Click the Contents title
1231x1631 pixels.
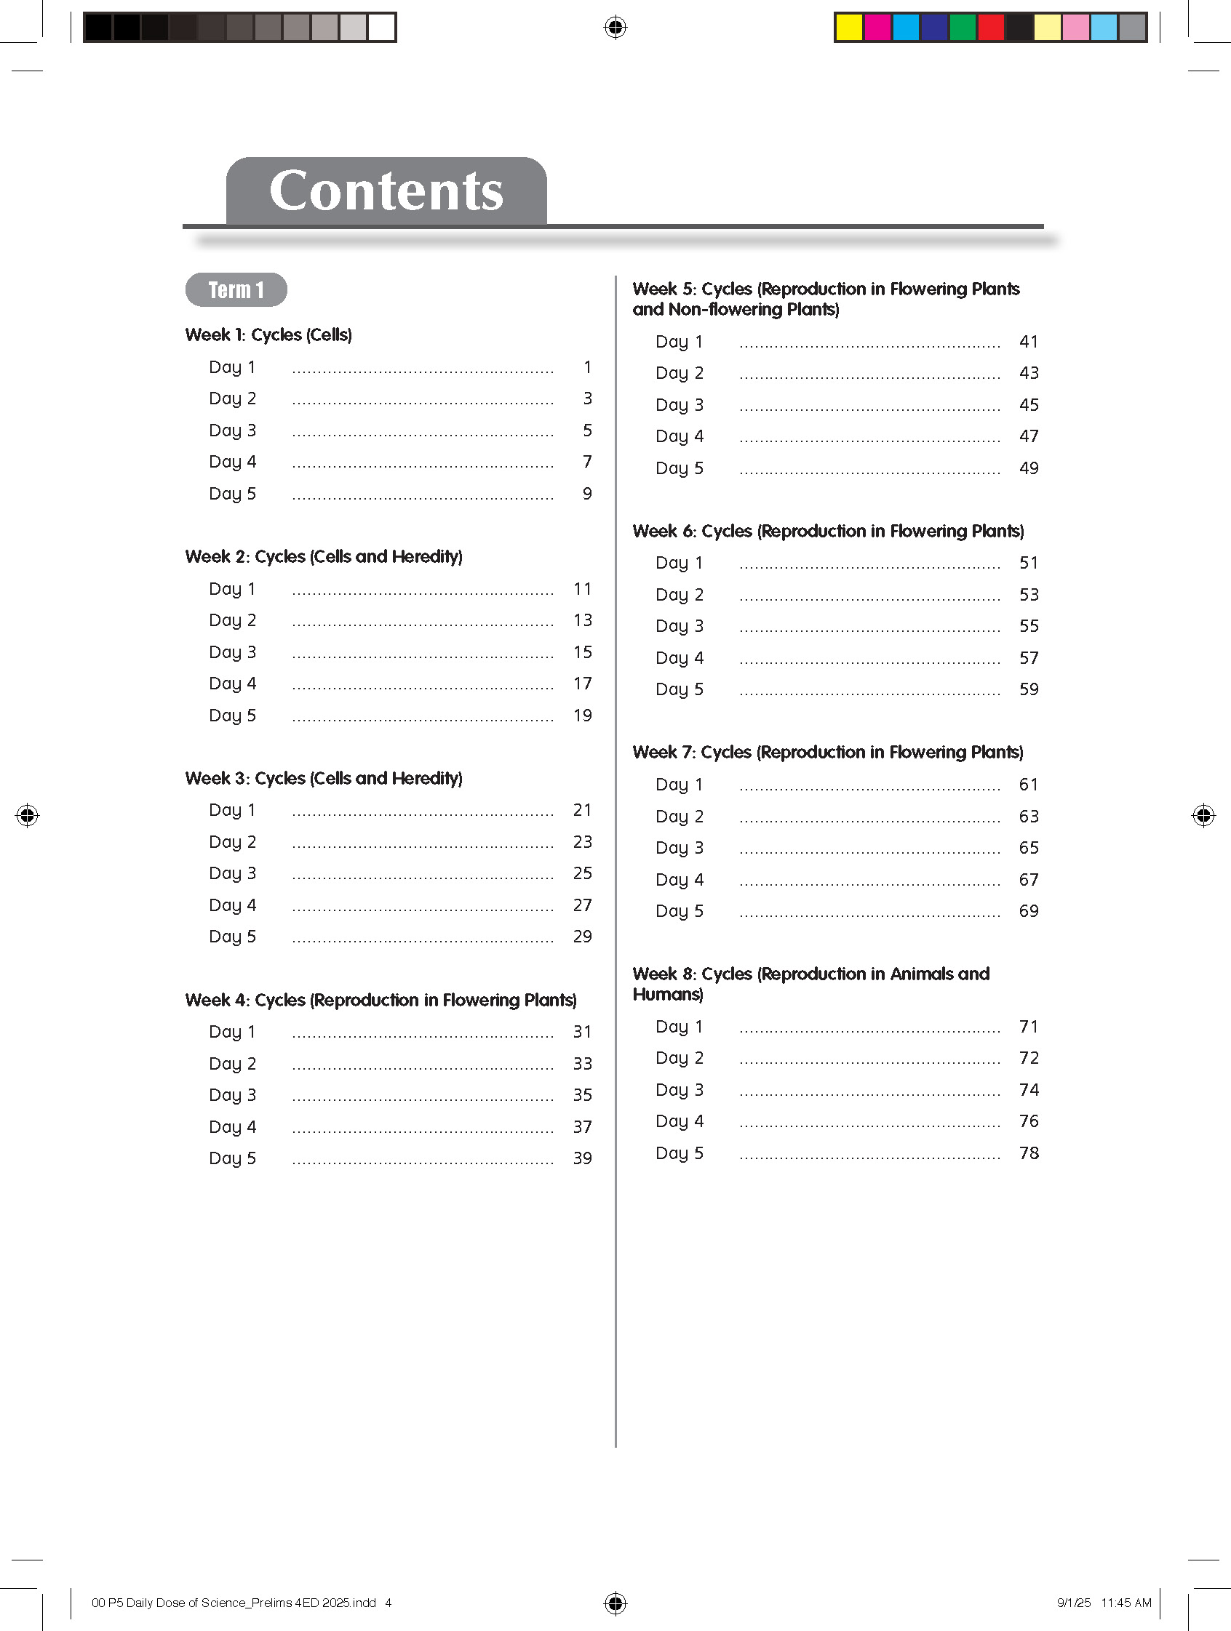(386, 191)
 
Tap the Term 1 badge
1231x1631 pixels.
(236, 290)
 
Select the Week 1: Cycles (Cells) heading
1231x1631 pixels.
(268, 334)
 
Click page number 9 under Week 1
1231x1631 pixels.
(587, 493)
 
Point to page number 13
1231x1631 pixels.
(583, 620)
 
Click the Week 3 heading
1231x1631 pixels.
(324, 778)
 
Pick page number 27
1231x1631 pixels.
(583, 905)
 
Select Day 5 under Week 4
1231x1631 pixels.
(232, 1158)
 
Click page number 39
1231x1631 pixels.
(583, 1158)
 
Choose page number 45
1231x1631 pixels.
(1029, 405)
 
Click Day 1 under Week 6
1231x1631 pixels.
(680, 563)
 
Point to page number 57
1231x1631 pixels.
(1029, 658)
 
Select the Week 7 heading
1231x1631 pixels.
(827, 752)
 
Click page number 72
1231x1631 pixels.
(1029, 1058)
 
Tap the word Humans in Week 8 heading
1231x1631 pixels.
(666, 995)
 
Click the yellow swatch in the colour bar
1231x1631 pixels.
(849, 28)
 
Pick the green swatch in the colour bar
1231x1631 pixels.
(963, 28)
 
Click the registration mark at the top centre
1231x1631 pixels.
(615, 28)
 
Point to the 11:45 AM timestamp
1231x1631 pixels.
(1126, 1602)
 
